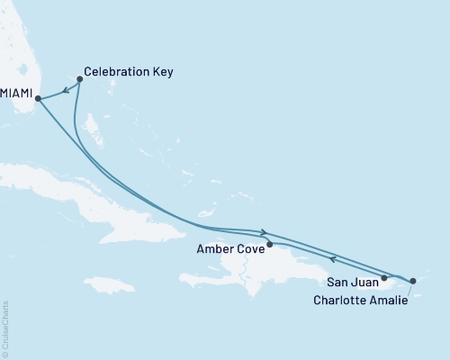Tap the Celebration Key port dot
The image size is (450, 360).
point(80,79)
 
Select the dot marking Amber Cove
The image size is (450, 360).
point(270,244)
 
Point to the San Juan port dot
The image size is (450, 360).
point(384,278)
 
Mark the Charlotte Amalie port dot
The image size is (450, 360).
point(413,283)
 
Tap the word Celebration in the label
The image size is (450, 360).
point(114,69)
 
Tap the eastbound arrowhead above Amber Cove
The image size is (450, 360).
point(264,232)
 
